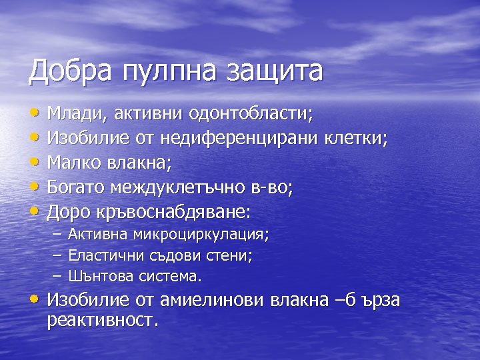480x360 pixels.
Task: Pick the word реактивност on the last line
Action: tap(103, 321)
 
